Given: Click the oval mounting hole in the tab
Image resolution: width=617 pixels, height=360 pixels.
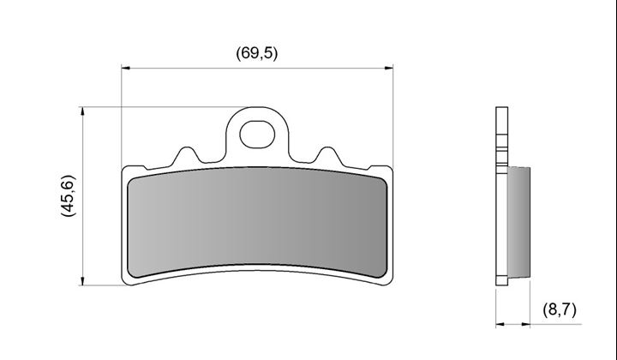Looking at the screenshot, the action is tap(257, 135).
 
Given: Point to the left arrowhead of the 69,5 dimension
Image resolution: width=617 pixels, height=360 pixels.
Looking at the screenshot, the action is tap(125, 68).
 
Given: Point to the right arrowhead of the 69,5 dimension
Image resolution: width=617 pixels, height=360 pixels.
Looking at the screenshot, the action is tap(389, 68).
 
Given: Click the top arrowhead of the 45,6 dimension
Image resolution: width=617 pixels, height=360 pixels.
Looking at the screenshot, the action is tap(82, 111).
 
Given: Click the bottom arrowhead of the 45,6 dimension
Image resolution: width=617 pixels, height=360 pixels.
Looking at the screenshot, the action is tap(82, 281).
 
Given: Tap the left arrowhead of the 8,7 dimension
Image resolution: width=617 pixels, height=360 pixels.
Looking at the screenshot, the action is tap(500, 324).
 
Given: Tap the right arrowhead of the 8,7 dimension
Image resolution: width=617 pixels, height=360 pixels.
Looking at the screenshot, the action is tap(525, 324).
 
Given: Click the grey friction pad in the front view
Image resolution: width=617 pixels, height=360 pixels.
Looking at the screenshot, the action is tap(257, 222).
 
